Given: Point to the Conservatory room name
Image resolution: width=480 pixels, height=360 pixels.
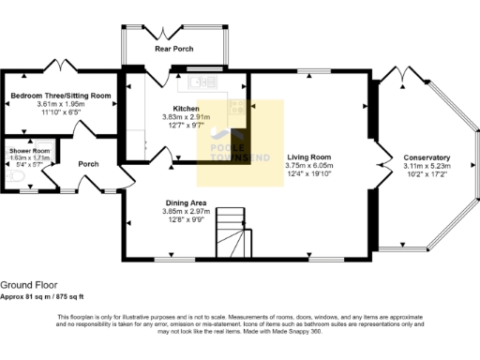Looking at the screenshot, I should [x=427, y=157].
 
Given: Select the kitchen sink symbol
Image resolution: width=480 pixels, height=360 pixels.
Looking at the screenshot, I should [x=202, y=83].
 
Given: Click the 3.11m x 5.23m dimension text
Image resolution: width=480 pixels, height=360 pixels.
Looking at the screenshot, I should [x=427, y=166].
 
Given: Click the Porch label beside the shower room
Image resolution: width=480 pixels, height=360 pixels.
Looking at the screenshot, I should [x=88, y=164].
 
